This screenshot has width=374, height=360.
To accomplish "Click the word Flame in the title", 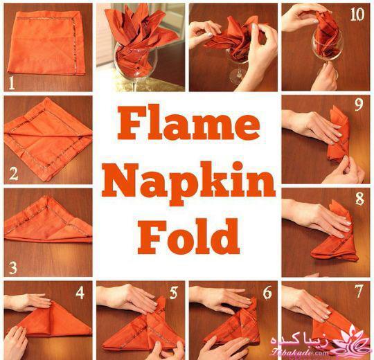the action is pos(188,123).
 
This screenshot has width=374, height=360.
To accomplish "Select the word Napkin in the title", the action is pos(188,183).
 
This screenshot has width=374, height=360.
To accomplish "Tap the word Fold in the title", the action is pos(188,237).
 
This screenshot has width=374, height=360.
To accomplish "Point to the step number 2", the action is pos(13,174).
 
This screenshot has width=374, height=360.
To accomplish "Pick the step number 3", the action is pos(13,267).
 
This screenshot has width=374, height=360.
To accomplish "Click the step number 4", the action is pos(80,293).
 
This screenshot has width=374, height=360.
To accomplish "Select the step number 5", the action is pos(173,293).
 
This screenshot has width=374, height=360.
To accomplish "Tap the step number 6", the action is pos(267,293).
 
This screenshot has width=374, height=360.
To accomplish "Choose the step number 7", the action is pos(359,291).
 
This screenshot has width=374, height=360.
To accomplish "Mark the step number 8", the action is pos(359,199).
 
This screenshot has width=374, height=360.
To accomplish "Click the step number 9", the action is pos(359,105).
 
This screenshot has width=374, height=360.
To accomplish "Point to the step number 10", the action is pos(357,15).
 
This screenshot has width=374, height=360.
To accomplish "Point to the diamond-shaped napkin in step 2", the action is pos(48,139).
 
